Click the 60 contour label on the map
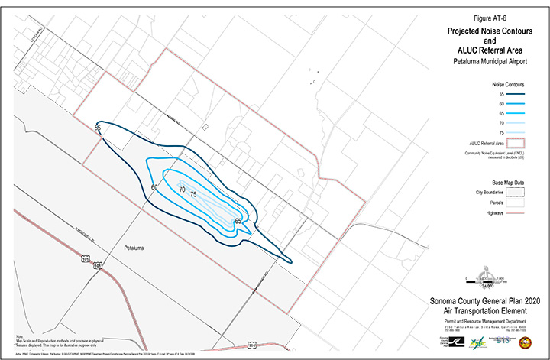click(x=154, y=187)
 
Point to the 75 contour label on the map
click(x=193, y=195)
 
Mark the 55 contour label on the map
click(x=98, y=128)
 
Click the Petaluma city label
click(x=134, y=249)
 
